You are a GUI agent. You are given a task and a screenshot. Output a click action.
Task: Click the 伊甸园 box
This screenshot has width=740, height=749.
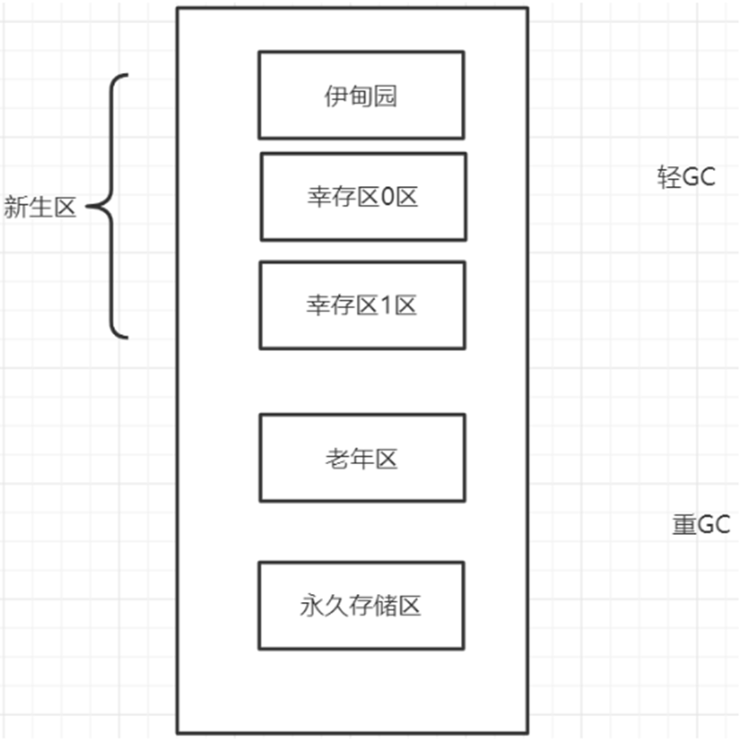point(361,95)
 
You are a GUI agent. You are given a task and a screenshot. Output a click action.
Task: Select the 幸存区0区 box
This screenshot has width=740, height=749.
point(363,197)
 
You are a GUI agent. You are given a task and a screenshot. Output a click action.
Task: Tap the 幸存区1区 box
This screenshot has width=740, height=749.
point(362,305)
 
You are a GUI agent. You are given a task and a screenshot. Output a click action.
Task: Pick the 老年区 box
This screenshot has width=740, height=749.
point(362,458)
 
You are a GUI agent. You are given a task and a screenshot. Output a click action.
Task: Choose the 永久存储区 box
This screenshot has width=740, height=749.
point(361,605)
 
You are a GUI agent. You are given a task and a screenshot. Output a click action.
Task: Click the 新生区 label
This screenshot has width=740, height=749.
point(40,207)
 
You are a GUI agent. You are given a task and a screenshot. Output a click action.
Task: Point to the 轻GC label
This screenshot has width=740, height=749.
point(686,177)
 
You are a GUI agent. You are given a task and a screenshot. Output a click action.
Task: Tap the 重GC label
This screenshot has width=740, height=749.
point(701,524)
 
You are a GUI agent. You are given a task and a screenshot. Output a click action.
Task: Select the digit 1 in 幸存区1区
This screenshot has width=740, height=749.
point(387,306)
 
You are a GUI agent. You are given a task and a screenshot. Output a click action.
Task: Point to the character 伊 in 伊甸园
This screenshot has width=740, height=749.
point(336,96)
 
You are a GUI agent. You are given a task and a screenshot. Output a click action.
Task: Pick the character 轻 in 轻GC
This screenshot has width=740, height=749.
point(669,177)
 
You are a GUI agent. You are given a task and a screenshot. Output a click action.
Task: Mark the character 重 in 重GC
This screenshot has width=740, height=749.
point(684,524)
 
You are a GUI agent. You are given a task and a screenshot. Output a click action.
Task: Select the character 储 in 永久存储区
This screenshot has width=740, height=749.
point(385,606)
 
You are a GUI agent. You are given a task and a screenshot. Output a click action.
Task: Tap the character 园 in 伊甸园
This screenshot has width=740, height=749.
point(385,96)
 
